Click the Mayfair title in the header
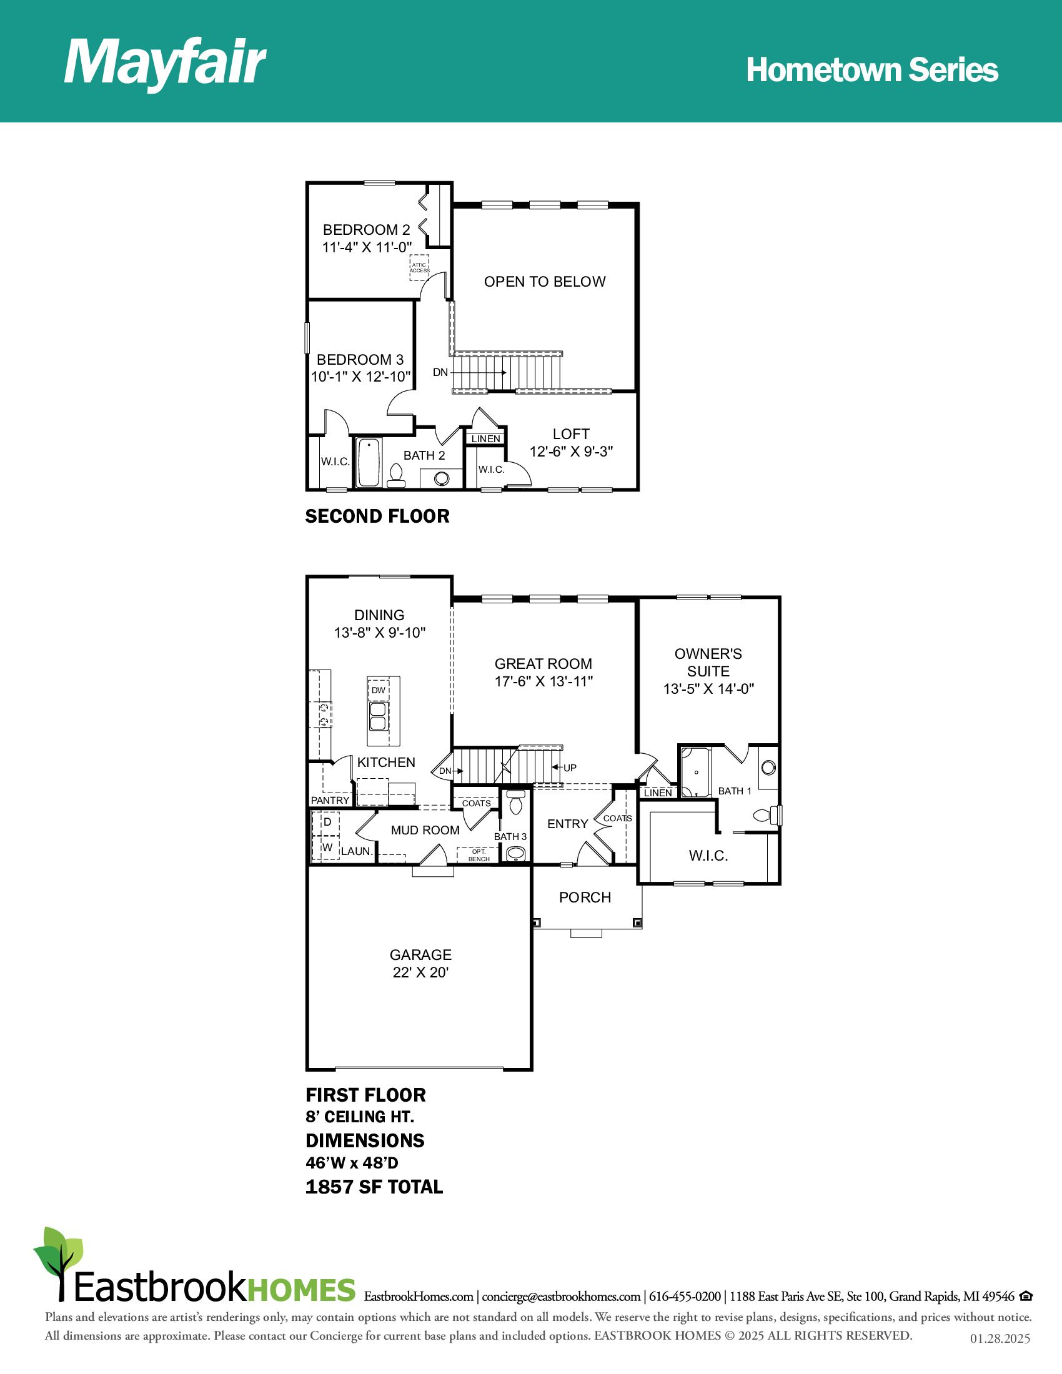coord(165,64)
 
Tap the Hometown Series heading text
coord(872,70)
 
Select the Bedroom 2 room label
coord(367,230)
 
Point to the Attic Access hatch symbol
coord(420,267)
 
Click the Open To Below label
coord(545,282)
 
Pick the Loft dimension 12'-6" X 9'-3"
coord(571,452)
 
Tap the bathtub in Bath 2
coord(369,462)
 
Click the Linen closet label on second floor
coord(485,438)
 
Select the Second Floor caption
coord(377,516)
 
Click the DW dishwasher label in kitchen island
coord(378,690)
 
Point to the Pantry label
coord(330,800)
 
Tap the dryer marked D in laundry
coord(327,823)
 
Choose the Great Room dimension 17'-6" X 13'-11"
coord(543,681)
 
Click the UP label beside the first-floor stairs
coord(570,768)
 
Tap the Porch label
coord(585,897)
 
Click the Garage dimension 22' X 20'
coord(420,972)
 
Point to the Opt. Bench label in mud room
coord(479,855)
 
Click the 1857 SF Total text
coord(374,1187)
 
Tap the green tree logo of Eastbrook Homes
coord(58,1261)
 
